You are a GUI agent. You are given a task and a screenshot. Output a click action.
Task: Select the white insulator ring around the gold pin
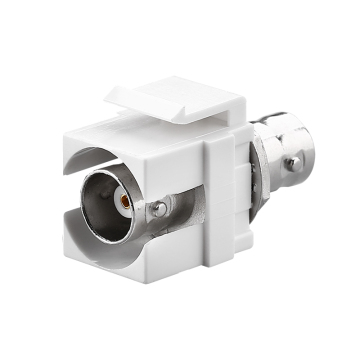pos(129,201)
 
